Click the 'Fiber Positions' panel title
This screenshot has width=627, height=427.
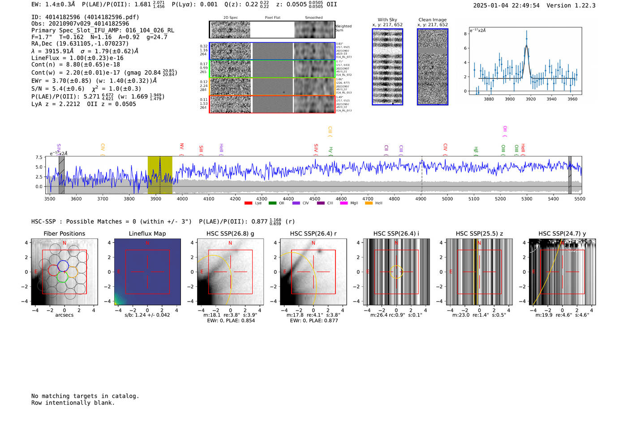point(64,233)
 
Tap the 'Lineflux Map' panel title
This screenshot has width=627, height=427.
point(147,233)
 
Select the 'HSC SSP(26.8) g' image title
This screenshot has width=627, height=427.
point(230,233)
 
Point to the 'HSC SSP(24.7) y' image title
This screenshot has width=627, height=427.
point(562,233)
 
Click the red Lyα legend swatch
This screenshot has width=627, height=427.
point(248,203)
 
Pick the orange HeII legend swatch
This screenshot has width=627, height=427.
point(369,203)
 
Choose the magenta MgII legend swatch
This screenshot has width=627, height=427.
point(344,203)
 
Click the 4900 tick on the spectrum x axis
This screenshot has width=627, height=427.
point(421,199)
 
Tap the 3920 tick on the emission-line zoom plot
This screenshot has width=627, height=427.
point(531,99)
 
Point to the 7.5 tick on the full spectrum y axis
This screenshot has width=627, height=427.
point(39,157)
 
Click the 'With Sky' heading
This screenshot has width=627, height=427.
point(387,20)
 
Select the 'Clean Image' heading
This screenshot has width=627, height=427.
point(433,20)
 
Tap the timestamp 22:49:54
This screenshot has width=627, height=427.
point(524,5)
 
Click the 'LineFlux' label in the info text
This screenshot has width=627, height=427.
point(46,58)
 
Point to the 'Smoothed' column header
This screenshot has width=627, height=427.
point(313,18)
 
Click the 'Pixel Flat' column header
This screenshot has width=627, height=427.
point(272,18)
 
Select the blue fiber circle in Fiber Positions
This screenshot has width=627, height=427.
point(63,265)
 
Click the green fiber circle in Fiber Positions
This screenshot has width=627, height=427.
point(62,277)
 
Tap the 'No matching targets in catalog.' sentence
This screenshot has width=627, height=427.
point(85,396)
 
